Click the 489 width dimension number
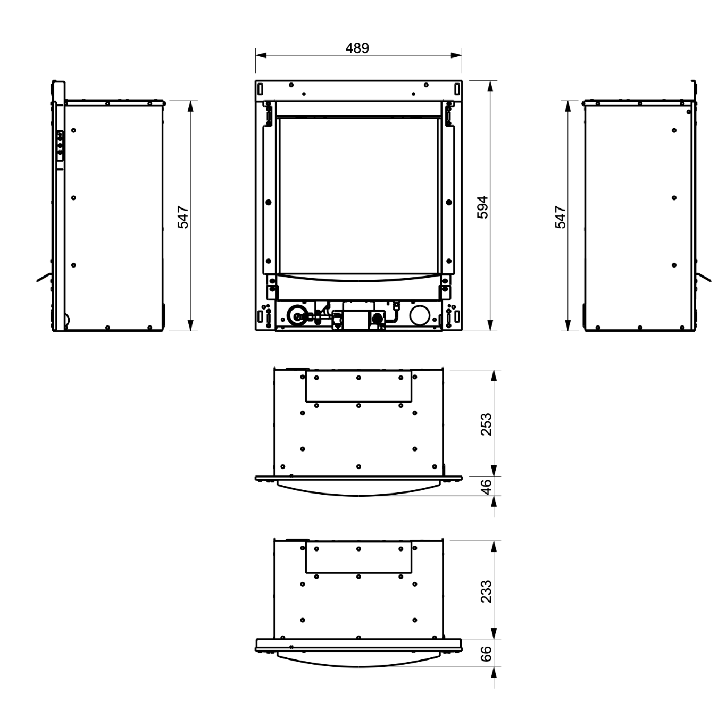pyautogui.click(x=357, y=48)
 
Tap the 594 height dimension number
pyautogui.click(x=483, y=207)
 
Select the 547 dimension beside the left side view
pyautogui.click(x=183, y=216)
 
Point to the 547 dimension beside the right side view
pyautogui.click(x=560, y=216)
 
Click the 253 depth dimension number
pyautogui.click(x=486, y=424)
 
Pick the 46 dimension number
pyautogui.click(x=486, y=487)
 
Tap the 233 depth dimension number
pyautogui.click(x=486, y=591)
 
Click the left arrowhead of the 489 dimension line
pyautogui.click(x=261, y=55)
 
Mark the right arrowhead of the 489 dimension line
pyautogui.click(x=456, y=55)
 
